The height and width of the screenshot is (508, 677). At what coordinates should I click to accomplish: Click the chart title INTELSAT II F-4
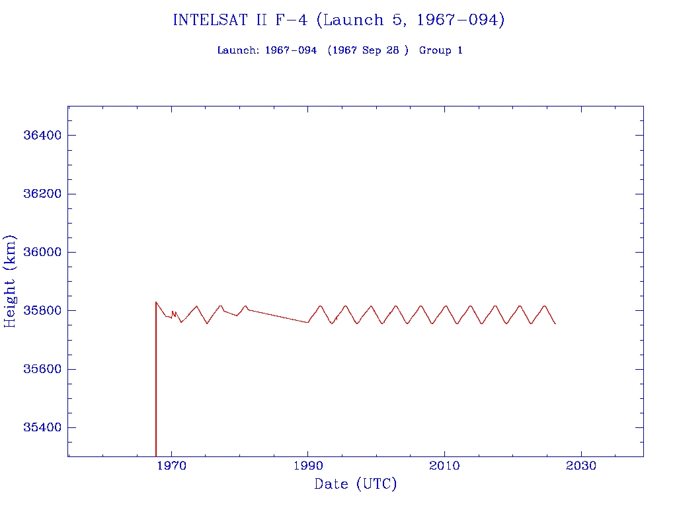tap(338, 21)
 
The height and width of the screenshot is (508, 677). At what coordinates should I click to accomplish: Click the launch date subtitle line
tap(340, 50)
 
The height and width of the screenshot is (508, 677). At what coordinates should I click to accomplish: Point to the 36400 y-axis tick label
tap(42, 136)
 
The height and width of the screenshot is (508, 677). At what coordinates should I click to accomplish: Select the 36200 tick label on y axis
tap(42, 194)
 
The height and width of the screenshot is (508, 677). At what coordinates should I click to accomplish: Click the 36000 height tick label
tap(42, 252)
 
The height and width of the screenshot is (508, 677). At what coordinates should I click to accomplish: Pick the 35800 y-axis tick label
tap(42, 310)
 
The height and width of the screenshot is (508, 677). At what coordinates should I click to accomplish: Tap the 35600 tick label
tap(42, 369)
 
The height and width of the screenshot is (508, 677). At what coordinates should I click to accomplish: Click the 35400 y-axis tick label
tap(42, 427)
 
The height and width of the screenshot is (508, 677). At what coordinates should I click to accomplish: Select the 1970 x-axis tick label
tap(172, 466)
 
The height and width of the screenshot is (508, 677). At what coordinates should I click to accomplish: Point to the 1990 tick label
tap(308, 466)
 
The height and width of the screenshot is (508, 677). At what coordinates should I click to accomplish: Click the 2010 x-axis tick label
tap(444, 466)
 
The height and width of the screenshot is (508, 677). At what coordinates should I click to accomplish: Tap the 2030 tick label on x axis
tap(580, 466)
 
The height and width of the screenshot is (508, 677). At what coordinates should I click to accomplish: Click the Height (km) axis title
tap(11, 281)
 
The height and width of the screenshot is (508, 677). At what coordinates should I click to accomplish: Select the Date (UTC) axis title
tap(356, 485)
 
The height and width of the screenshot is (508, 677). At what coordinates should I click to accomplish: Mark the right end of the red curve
tap(555, 323)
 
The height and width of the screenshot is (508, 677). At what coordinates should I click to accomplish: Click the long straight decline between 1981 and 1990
tap(278, 316)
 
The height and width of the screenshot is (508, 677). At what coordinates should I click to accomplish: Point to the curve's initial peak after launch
tap(156, 302)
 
